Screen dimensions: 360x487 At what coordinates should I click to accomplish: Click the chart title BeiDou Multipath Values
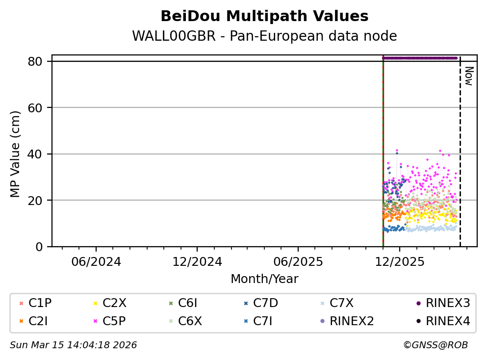point(264,16)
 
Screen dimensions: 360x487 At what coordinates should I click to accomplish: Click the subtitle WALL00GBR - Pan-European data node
point(264,36)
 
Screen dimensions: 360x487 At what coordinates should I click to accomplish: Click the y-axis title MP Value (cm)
point(16,154)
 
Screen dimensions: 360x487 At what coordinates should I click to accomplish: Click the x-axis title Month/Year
point(264,279)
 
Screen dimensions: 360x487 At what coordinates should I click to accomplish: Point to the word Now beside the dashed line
point(468,76)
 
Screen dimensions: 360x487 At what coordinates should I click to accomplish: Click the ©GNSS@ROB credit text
point(436,345)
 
